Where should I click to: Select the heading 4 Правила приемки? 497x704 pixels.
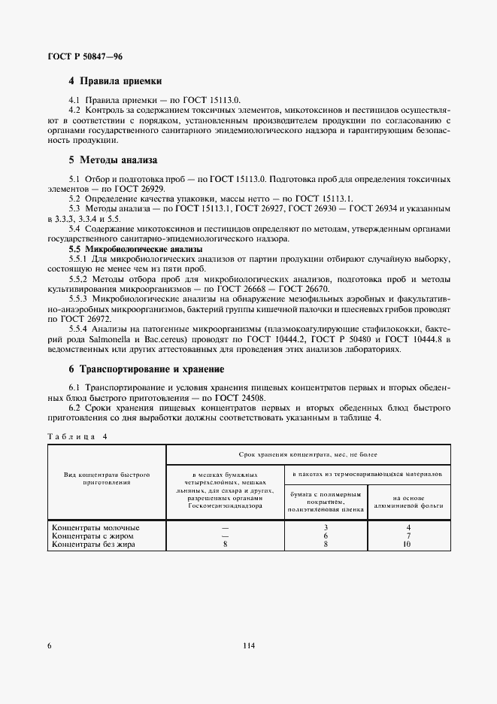tap(115, 80)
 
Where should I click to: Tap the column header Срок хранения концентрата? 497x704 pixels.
tap(308, 455)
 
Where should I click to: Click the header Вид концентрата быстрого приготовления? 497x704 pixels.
tap(107, 479)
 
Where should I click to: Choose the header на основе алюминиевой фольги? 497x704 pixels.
tap(408, 502)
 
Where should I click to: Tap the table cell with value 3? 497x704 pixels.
tap(326, 527)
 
